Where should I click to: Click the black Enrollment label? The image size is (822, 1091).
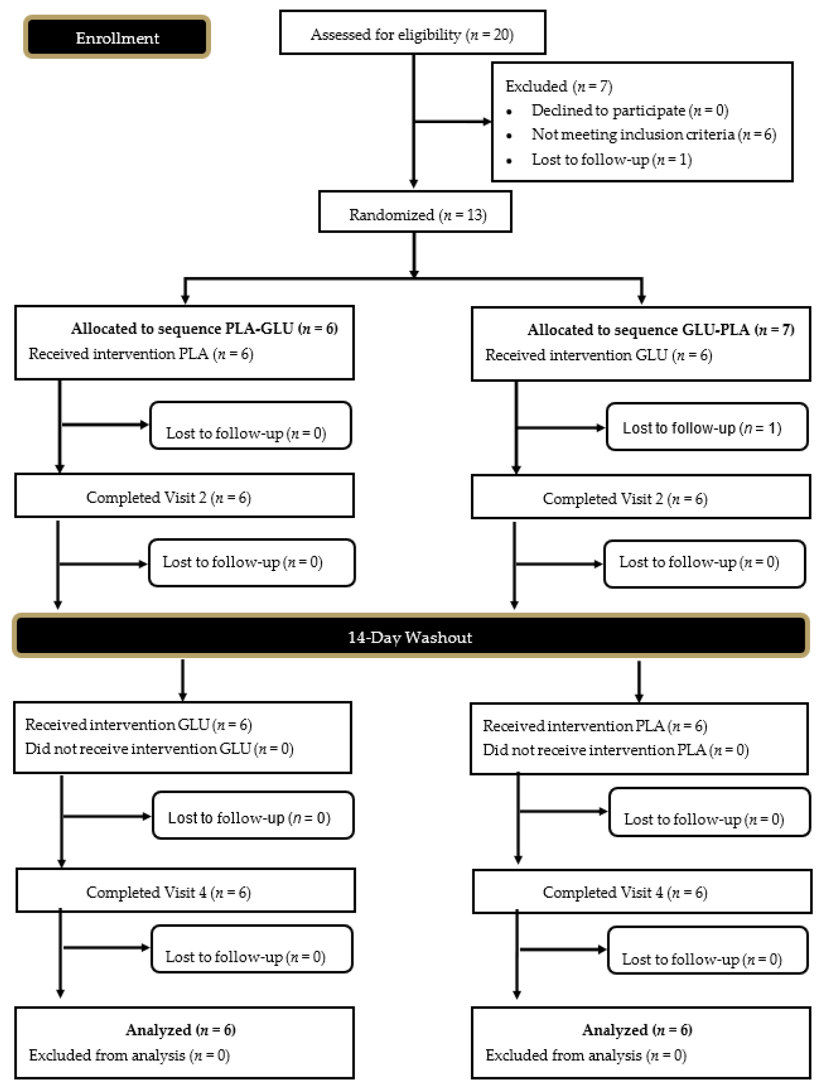coord(117,38)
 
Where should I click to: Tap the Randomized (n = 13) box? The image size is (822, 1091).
coord(415,213)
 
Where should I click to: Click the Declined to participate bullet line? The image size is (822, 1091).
coord(629,110)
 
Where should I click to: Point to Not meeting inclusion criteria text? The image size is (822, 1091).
coord(653,135)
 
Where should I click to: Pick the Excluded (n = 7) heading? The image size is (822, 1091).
coord(559,86)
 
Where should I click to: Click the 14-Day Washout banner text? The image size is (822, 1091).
coord(410,637)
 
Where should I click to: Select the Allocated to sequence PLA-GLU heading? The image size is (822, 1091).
coord(204,328)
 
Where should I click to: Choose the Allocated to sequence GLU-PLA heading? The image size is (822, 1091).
coord(660,329)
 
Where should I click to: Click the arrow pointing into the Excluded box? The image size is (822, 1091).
coord(486,121)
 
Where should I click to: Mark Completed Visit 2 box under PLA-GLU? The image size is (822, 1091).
coord(185,496)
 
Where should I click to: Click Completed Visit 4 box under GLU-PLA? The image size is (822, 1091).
coord(641,892)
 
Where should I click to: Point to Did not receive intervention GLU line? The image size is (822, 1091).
coord(159,749)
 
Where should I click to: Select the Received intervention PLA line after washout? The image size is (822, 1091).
coord(595,725)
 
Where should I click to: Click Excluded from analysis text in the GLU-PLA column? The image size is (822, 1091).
coord(585,1055)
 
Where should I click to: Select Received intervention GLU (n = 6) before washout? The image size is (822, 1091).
coord(598,355)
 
